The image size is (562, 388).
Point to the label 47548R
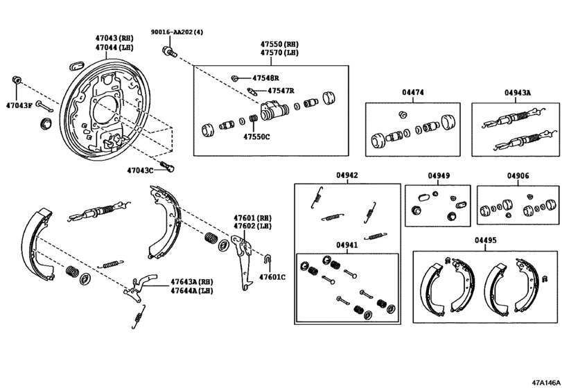point(267,78)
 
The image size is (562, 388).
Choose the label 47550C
point(256,136)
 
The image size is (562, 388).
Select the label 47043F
point(19,105)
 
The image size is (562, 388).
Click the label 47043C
point(141,169)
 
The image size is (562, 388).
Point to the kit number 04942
point(347,176)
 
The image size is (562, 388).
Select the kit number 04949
point(438,176)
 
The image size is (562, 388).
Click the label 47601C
point(272,277)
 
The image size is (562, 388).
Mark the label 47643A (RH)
point(193,282)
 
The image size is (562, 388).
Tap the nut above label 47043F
point(16,78)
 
